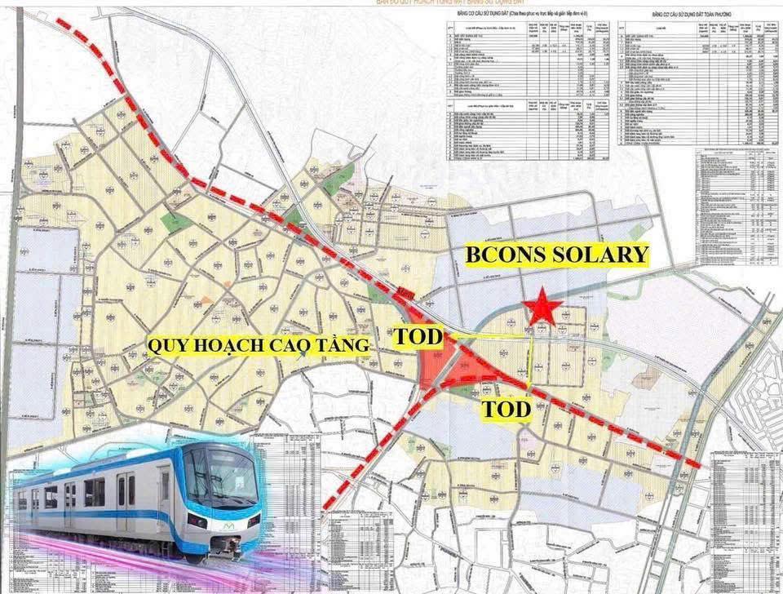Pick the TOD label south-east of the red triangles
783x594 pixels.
pyautogui.click(x=506, y=409)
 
